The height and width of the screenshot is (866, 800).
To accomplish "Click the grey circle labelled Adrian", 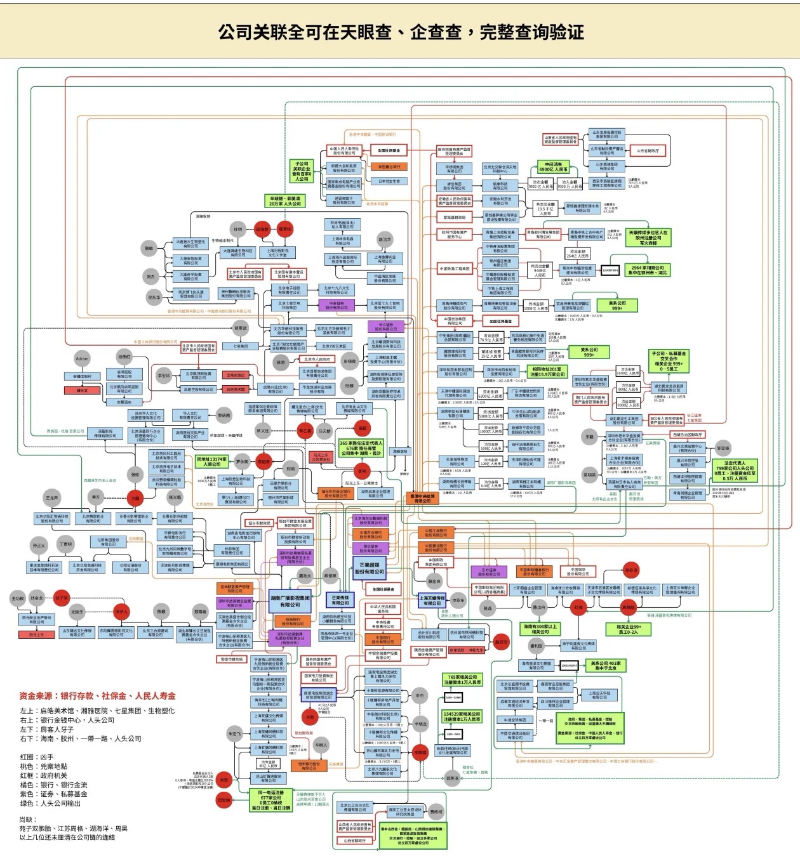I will click(82, 359).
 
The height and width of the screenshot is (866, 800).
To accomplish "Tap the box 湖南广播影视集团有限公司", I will click(290, 601).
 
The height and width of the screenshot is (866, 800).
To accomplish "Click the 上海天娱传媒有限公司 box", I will click(432, 600).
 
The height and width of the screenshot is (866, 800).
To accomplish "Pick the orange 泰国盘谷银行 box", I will click(389, 167).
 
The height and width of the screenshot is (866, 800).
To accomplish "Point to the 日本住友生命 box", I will click(389, 181).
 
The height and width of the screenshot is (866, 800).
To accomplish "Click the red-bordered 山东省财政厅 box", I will click(648, 151).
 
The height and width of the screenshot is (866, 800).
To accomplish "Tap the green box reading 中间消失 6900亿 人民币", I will click(553, 167).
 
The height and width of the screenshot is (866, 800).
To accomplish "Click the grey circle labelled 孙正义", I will click(39, 546).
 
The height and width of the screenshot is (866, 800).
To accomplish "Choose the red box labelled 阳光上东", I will click(37, 634).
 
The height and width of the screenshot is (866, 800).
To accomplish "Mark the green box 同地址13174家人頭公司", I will click(211, 461).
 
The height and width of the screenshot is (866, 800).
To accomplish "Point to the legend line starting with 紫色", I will click(53, 794).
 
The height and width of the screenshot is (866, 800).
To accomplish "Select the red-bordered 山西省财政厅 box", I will click(355, 841).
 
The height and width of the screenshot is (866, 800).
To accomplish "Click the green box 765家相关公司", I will click(462, 679).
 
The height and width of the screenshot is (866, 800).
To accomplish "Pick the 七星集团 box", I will click(240, 346).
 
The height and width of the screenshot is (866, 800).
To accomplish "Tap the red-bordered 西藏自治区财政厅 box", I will click(688, 435).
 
